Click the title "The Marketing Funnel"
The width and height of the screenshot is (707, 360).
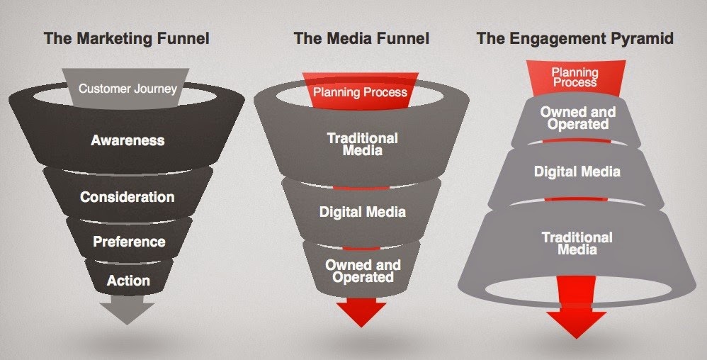[127, 38]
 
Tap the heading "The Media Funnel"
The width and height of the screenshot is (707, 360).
[361, 38]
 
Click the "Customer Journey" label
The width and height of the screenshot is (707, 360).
[128, 89]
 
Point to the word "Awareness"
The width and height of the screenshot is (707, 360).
[128, 140]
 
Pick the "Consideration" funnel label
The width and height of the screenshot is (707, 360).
[128, 197]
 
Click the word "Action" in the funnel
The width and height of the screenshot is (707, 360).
[128, 281]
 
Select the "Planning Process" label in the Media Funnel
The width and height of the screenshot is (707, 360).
[360, 92]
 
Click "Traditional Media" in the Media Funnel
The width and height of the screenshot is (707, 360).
[362, 144]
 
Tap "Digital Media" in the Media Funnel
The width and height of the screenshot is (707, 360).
[362, 212]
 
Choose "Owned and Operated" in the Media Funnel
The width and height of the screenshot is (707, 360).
[362, 271]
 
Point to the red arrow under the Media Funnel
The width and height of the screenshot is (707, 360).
[361, 312]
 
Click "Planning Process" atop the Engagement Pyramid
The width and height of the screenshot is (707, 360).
[575, 77]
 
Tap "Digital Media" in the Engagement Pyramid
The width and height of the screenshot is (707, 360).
[577, 171]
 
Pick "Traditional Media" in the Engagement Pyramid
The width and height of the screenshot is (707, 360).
[577, 242]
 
